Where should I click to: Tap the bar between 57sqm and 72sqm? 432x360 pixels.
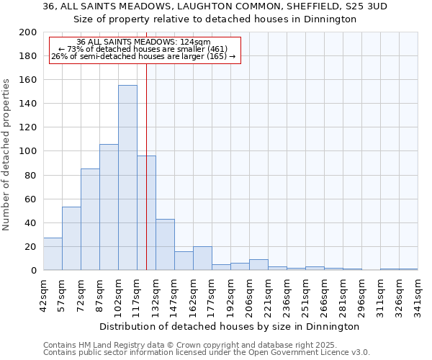point(71,238)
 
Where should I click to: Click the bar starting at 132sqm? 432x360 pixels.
point(165,245)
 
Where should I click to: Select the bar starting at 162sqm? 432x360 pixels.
point(202,258)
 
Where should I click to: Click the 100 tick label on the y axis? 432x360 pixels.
point(27,151)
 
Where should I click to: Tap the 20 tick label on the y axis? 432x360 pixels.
point(30,247)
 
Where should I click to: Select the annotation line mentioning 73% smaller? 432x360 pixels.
point(143,49)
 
